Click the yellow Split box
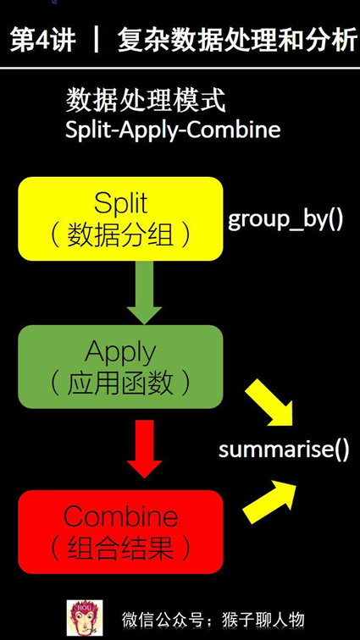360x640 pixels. coord(120,218)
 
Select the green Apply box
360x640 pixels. coord(120,367)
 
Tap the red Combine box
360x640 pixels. coord(120,531)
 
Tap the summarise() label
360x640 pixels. coord(284,449)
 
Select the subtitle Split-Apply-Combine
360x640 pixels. coord(173,131)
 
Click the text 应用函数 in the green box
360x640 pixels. coord(120,383)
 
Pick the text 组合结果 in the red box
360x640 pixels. coord(120,549)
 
